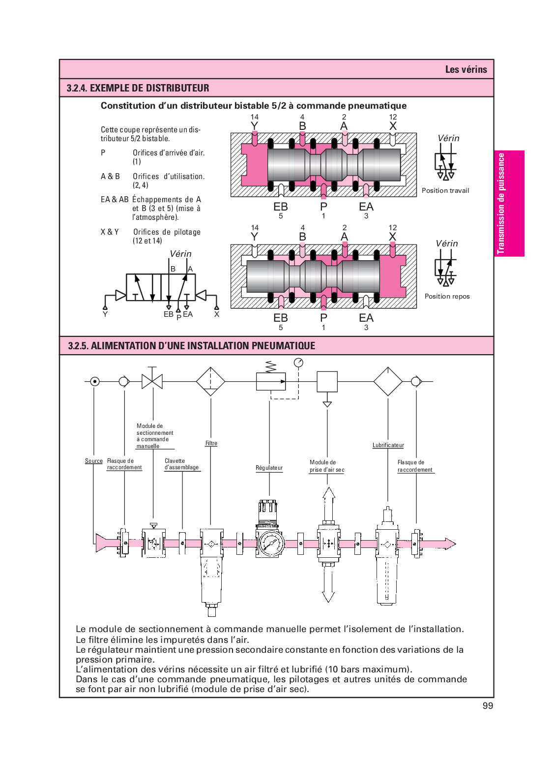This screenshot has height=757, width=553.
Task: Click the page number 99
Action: click(x=488, y=706)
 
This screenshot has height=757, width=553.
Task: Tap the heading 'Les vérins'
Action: click(x=466, y=69)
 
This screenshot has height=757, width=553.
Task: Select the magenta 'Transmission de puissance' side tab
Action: click(x=509, y=203)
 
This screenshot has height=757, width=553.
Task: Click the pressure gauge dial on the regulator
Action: click(x=270, y=543)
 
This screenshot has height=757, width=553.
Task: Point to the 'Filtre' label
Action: click(x=211, y=443)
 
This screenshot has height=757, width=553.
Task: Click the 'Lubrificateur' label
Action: click(x=388, y=445)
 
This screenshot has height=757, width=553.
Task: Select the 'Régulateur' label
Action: click(x=269, y=468)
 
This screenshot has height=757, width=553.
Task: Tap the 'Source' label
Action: click(x=93, y=461)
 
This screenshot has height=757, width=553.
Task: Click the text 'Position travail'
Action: click(x=445, y=190)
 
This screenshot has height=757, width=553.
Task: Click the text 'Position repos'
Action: click(x=447, y=296)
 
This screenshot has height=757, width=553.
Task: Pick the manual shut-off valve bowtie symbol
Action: click(x=152, y=381)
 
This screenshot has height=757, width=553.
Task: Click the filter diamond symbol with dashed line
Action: click(x=210, y=381)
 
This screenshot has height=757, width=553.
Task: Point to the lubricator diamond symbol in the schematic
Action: click(x=388, y=381)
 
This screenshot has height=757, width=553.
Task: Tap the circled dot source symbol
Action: click(x=95, y=381)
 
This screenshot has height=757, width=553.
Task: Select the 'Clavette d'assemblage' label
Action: click(x=181, y=464)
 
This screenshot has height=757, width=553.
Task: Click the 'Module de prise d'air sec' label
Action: click(x=326, y=466)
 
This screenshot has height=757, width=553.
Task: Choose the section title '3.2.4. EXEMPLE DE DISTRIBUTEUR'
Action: click(x=138, y=88)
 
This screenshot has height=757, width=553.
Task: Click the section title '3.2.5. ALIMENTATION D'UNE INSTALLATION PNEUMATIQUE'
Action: click(x=192, y=346)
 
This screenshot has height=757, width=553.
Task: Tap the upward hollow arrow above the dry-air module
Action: click(x=329, y=501)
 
